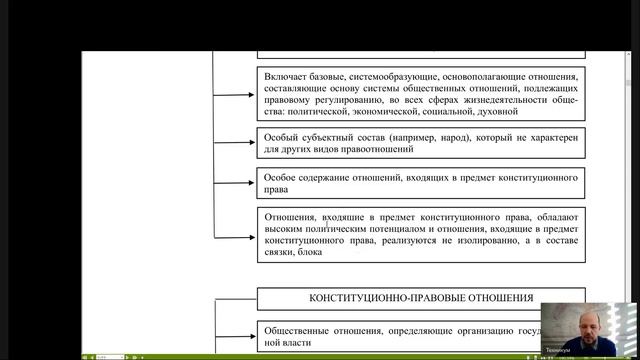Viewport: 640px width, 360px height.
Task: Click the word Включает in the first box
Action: tap(288, 75)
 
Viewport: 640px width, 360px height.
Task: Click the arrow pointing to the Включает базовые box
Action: tap(236, 95)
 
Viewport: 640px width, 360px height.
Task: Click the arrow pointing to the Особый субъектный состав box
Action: tap(236, 143)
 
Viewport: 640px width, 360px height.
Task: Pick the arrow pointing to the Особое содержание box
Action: tap(236, 182)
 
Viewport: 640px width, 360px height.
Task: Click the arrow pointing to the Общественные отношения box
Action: tap(236, 335)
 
